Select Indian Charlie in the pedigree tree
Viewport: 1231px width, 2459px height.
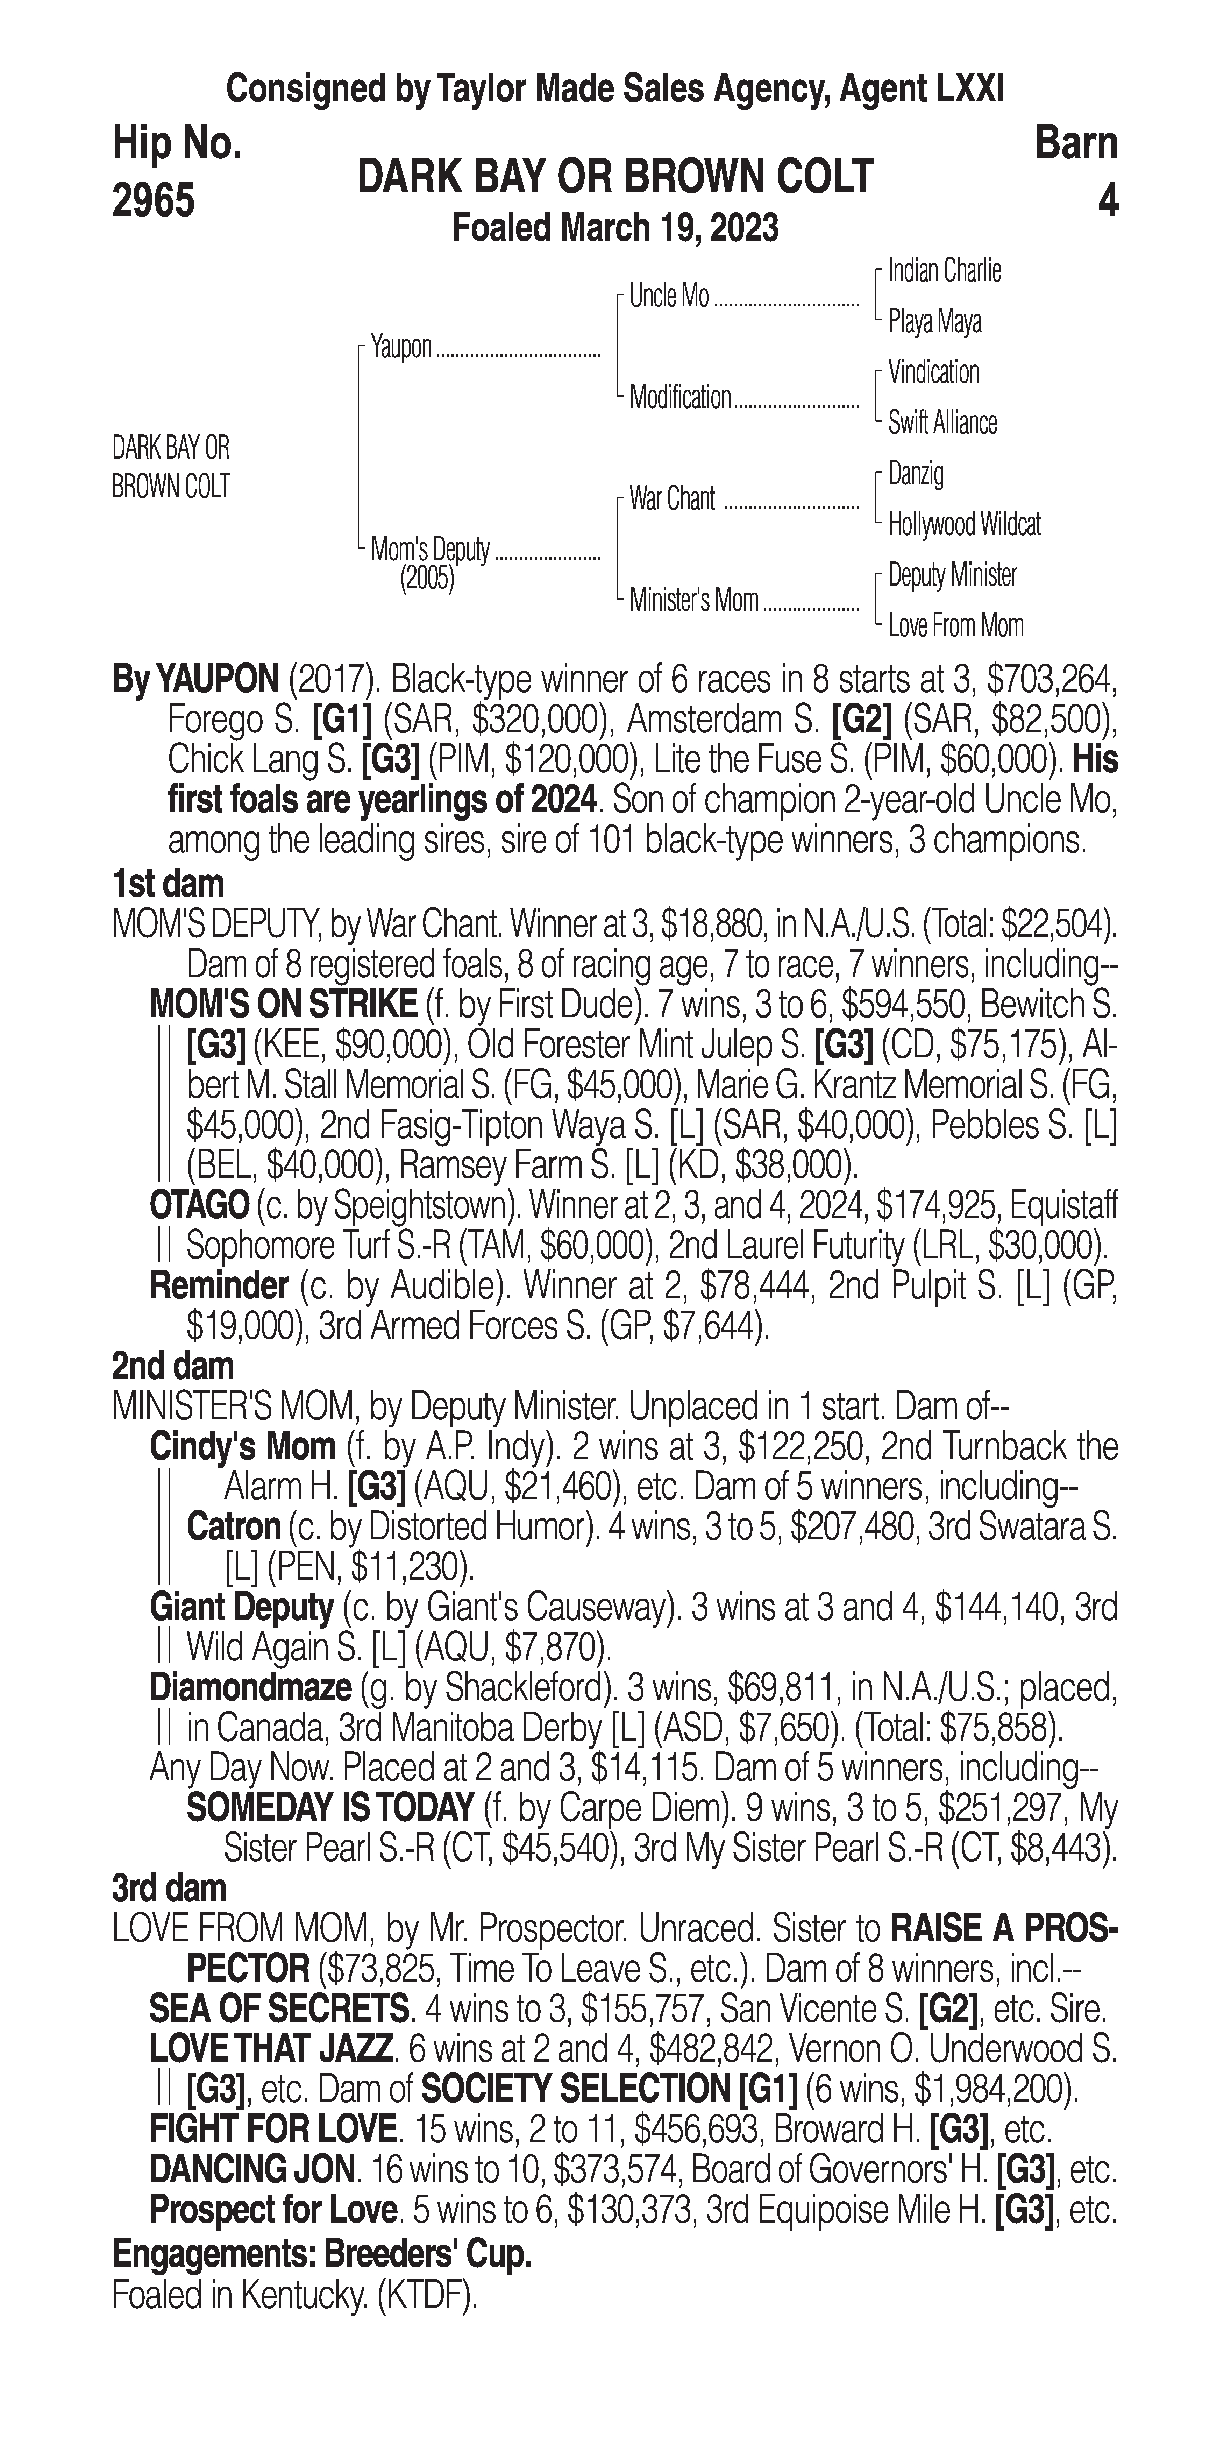click(x=944, y=271)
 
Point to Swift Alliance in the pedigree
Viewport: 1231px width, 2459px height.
click(x=942, y=423)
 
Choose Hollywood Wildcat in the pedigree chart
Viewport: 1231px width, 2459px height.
click(x=964, y=524)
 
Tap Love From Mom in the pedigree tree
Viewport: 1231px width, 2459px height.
click(x=955, y=626)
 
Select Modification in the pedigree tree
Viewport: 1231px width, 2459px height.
click(x=679, y=397)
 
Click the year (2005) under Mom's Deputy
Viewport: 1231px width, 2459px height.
click(x=427, y=579)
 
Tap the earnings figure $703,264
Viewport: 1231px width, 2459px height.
click(x=1051, y=680)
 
